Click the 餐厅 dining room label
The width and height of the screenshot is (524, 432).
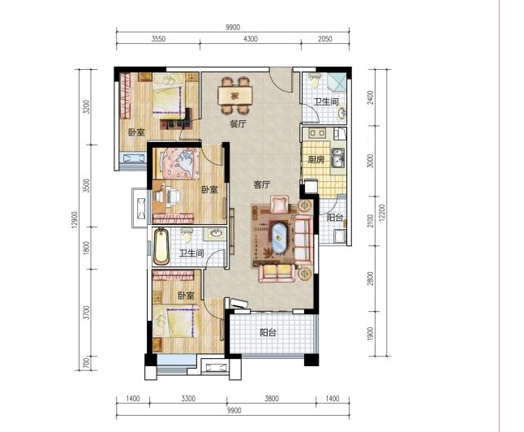(x=238, y=123)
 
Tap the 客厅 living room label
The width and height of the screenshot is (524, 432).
(x=262, y=184)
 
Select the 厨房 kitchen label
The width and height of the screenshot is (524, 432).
(x=316, y=160)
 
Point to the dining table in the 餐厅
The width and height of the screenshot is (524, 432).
(x=235, y=96)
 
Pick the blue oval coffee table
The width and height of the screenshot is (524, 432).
(x=279, y=237)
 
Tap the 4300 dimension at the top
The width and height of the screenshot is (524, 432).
(x=251, y=39)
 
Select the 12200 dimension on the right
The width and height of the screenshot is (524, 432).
(x=382, y=213)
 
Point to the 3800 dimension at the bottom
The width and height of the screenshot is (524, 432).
(x=272, y=399)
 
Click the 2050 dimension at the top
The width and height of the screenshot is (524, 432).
(x=324, y=39)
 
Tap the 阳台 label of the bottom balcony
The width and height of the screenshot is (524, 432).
(x=268, y=333)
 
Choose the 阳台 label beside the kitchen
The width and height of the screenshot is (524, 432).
(x=334, y=218)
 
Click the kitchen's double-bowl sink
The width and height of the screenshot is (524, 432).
(x=337, y=158)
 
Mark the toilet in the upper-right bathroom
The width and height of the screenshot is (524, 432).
(x=314, y=80)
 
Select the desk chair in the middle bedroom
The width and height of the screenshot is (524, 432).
(x=173, y=197)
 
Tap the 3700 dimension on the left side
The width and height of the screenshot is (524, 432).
(x=87, y=312)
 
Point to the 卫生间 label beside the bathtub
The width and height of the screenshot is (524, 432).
(x=191, y=253)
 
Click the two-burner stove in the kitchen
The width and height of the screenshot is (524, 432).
(x=317, y=133)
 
